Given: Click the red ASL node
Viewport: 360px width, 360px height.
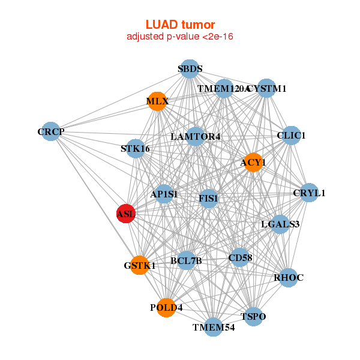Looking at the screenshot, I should pos(125,213).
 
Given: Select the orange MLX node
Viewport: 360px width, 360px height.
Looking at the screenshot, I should pos(157,101).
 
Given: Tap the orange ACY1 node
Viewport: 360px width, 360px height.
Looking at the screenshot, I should pos(253,163).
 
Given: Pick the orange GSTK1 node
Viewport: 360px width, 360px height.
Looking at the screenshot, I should pos(139,265).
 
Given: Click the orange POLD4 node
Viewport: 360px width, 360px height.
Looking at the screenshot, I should pos(166,307).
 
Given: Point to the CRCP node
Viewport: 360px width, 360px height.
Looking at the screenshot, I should pos(51,131).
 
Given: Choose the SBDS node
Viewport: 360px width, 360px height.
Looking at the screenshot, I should pos(190,69).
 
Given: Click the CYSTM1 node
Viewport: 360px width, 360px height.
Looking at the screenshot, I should pos(266,88).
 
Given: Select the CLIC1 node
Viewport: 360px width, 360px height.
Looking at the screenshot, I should pos(291,136).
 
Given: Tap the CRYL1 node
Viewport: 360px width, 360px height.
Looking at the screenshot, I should pos(309,193).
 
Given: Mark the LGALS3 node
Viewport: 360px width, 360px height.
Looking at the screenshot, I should pos(280,224).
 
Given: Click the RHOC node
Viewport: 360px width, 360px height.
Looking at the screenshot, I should pos(289,277).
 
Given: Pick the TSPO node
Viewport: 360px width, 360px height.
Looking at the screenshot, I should pos(253,316).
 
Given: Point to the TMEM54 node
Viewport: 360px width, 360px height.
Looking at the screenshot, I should pos(214,327).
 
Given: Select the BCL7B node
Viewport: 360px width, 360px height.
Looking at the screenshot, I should pos(186,260).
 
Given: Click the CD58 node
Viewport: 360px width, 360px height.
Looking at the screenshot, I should pos(239,259).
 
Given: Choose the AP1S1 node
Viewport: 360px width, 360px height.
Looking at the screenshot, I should pos(164,194).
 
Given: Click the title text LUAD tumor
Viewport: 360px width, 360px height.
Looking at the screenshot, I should pos(180,25).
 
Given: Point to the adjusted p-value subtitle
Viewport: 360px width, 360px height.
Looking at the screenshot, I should pos(180,37).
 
